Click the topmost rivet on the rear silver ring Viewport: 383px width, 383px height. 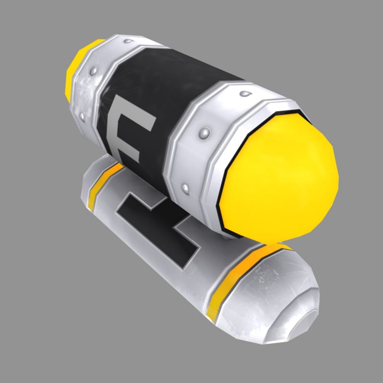pos(127,41)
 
